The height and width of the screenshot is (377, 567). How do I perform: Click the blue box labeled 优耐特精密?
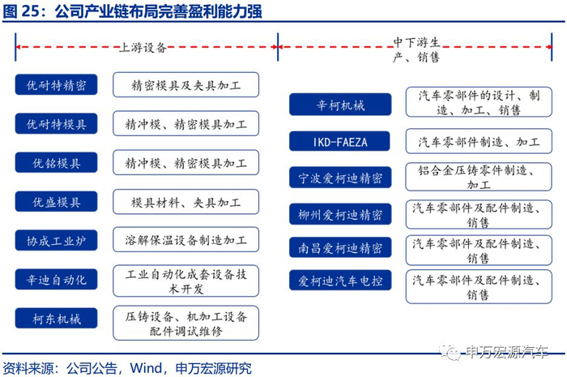coord(56,85)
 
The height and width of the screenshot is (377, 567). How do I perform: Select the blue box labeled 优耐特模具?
coord(56,124)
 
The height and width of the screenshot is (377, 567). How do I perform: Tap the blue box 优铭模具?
coord(56,163)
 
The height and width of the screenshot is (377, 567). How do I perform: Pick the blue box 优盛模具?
coord(56,202)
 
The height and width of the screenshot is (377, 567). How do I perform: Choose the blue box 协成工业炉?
coord(56,241)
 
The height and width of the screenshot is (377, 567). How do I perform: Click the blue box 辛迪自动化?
coord(56,280)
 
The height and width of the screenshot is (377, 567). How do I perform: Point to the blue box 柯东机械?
coord(56,319)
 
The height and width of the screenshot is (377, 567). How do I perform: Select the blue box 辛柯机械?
coord(340,105)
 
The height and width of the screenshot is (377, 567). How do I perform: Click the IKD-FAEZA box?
coord(340,142)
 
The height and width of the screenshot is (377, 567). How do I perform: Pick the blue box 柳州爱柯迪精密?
coord(340,214)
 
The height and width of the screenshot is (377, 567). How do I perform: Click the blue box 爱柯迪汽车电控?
coord(340,281)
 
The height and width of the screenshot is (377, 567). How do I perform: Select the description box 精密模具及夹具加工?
coord(185,85)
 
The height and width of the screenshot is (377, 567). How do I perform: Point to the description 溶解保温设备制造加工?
coord(185,241)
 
